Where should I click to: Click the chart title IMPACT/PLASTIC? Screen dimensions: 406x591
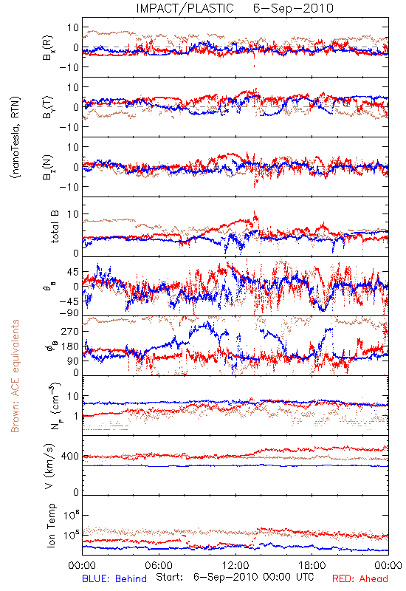tap(185, 8)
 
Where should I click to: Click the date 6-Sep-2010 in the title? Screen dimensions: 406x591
tap(293, 8)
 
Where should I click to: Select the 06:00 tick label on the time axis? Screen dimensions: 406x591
tap(159, 565)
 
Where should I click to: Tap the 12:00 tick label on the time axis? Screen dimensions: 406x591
tap(235, 565)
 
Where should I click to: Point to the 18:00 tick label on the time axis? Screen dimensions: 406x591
tap(312, 565)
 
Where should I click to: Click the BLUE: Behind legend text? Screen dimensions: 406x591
tap(114, 578)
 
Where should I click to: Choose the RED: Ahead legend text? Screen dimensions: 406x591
tap(360, 578)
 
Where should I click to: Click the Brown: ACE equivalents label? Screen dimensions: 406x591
tap(15, 376)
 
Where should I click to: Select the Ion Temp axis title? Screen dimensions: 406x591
tap(51, 525)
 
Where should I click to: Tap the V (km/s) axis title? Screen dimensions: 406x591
tap(49, 466)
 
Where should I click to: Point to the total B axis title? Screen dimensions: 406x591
tap(54, 227)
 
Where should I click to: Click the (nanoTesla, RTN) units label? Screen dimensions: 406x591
tap(16, 137)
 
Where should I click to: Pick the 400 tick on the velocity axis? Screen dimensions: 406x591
tap(69, 457)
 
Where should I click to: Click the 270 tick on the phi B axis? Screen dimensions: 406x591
tap(69, 331)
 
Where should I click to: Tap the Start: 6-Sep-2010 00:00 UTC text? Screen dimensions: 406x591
tap(235, 577)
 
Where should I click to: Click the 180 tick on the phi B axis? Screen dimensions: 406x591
tap(69, 346)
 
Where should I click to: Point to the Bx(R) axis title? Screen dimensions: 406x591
tap(48, 47)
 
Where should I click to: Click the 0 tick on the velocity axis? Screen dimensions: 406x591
tap(76, 492)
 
